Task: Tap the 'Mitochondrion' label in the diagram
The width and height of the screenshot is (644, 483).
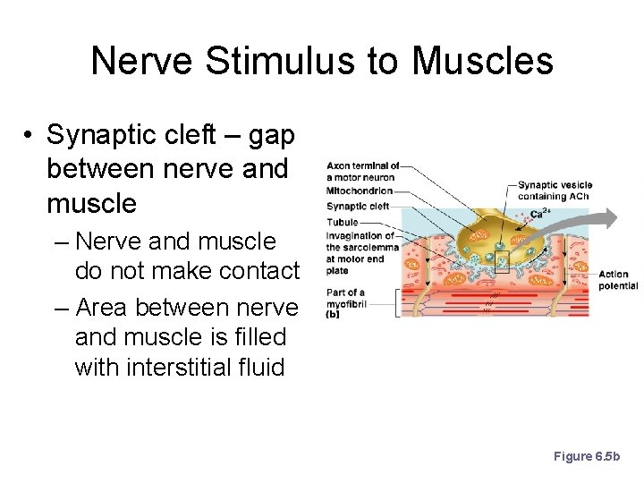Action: (x=360, y=191)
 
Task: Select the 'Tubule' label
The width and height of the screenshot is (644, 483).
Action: (x=343, y=222)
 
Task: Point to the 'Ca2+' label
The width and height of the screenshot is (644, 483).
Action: (x=540, y=214)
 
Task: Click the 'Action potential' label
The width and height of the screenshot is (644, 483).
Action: (x=618, y=280)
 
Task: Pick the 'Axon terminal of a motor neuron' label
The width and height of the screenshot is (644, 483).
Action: (x=361, y=171)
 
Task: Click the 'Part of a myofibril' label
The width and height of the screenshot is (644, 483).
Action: (x=345, y=298)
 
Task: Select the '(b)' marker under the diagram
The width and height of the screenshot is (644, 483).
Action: (x=333, y=314)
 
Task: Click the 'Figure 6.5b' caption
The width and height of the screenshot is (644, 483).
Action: (x=586, y=456)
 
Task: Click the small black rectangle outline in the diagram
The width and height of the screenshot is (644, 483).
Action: (x=502, y=261)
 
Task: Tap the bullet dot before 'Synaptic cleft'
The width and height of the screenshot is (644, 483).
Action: (x=30, y=136)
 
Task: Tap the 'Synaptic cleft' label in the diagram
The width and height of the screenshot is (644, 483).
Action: (x=358, y=207)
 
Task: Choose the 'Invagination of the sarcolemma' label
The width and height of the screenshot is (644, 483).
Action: (x=360, y=247)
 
